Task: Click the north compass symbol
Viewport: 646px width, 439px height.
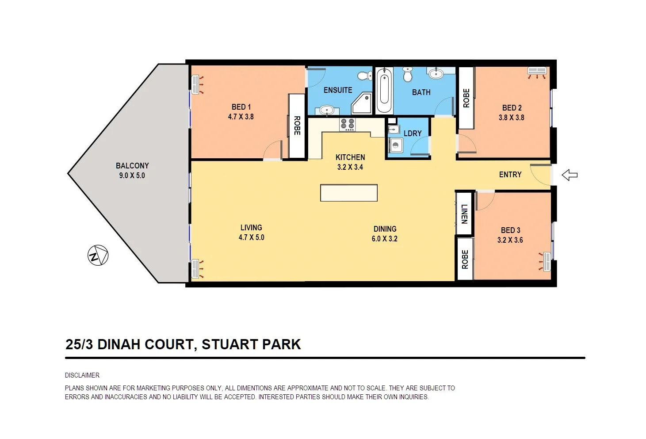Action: (98, 255)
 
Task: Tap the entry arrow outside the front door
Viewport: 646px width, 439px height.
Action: (570, 175)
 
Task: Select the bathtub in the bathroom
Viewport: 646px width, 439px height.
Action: (384, 91)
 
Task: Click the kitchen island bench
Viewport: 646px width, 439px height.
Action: (349, 193)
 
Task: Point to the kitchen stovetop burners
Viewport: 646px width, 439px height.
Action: (347, 124)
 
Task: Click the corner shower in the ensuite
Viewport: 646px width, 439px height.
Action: (363, 104)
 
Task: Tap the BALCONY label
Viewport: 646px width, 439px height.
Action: (132, 166)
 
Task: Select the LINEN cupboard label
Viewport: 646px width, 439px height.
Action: (464, 214)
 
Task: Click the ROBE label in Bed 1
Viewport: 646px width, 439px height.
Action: (297, 126)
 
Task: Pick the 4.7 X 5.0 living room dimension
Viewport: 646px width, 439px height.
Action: (251, 237)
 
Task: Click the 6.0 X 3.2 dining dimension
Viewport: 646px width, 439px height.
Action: (384, 239)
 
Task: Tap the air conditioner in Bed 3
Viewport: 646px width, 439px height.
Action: (547, 261)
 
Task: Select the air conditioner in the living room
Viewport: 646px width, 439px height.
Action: (195, 269)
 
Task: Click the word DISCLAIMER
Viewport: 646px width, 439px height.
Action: (82, 375)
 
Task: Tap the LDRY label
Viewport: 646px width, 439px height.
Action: (413, 134)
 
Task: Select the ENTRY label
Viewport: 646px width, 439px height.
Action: (510, 175)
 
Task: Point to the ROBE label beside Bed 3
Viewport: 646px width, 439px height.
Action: (465, 259)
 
